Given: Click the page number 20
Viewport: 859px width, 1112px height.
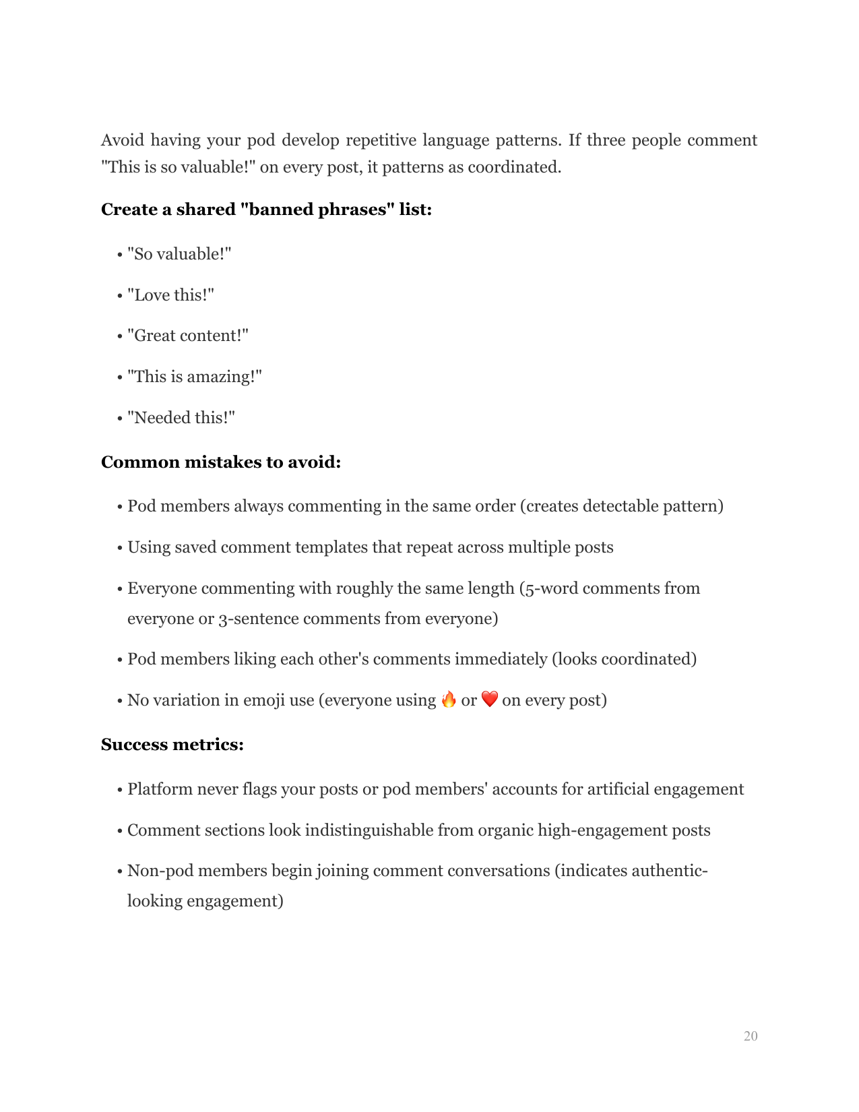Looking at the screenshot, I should tap(750, 1036).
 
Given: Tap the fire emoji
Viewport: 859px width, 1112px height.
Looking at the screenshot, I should tap(449, 700).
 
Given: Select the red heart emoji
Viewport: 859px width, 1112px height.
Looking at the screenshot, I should tap(490, 700).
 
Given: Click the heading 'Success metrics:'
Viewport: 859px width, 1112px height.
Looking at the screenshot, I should tap(172, 745).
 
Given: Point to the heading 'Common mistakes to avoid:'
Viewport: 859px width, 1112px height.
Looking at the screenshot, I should tap(221, 462).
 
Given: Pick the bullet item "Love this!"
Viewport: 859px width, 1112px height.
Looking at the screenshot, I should tap(170, 295).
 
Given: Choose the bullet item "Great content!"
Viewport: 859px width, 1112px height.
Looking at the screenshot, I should tap(188, 336).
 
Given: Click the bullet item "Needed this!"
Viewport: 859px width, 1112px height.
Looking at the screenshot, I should tap(181, 418).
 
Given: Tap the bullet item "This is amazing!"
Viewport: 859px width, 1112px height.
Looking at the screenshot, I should tap(194, 377).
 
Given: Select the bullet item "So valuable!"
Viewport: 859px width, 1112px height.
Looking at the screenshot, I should tap(179, 254).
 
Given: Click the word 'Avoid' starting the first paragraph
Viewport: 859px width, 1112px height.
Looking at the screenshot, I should tap(122, 140).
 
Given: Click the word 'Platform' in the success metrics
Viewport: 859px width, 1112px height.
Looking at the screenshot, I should tap(160, 789).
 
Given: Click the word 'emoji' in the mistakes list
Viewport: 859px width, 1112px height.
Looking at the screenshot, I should tap(263, 700).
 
